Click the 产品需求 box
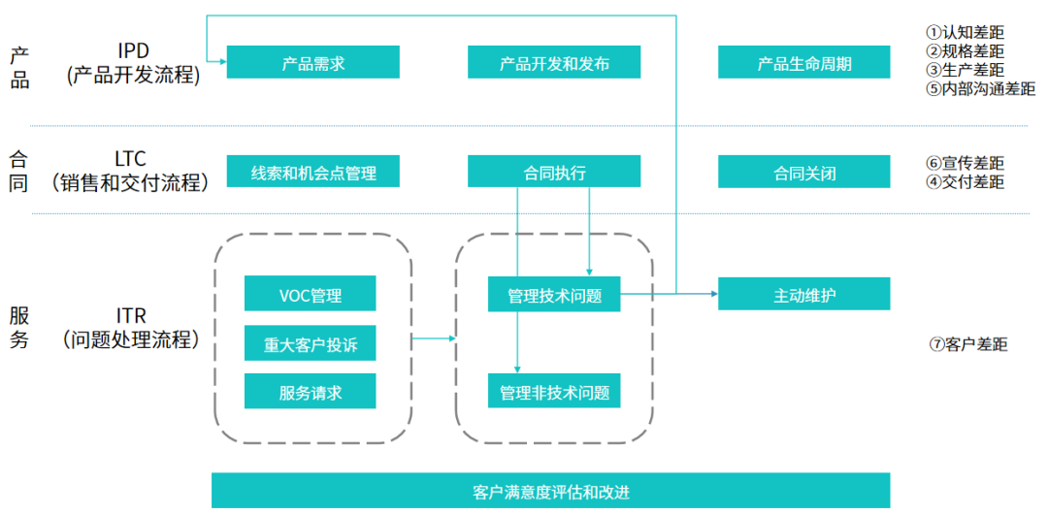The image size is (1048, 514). pyautogui.click(x=312, y=63)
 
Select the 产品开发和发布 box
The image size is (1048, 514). pyautogui.click(x=553, y=63)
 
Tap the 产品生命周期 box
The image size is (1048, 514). pyautogui.click(x=803, y=63)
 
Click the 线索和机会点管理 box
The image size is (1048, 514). pyautogui.click(x=312, y=173)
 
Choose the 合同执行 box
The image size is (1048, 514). pyautogui.click(x=553, y=173)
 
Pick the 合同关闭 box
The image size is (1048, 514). pyautogui.click(x=803, y=173)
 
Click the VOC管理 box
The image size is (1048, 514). pyautogui.click(x=310, y=294)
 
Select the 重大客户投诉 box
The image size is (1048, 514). pyautogui.click(x=310, y=343)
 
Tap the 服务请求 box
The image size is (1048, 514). pyautogui.click(x=310, y=392)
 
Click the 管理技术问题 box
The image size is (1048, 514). pyautogui.click(x=553, y=295)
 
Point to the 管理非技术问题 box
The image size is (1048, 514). pyautogui.click(x=553, y=392)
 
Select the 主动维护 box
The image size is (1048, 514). pyautogui.click(x=803, y=294)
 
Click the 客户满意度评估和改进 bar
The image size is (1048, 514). pyautogui.click(x=550, y=491)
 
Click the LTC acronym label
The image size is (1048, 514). pyautogui.click(x=133, y=158)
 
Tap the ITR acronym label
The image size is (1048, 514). pyautogui.click(x=133, y=317)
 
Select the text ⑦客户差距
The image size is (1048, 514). pyautogui.click(x=967, y=344)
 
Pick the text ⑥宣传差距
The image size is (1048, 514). pyautogui.click(x=965, y=163)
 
